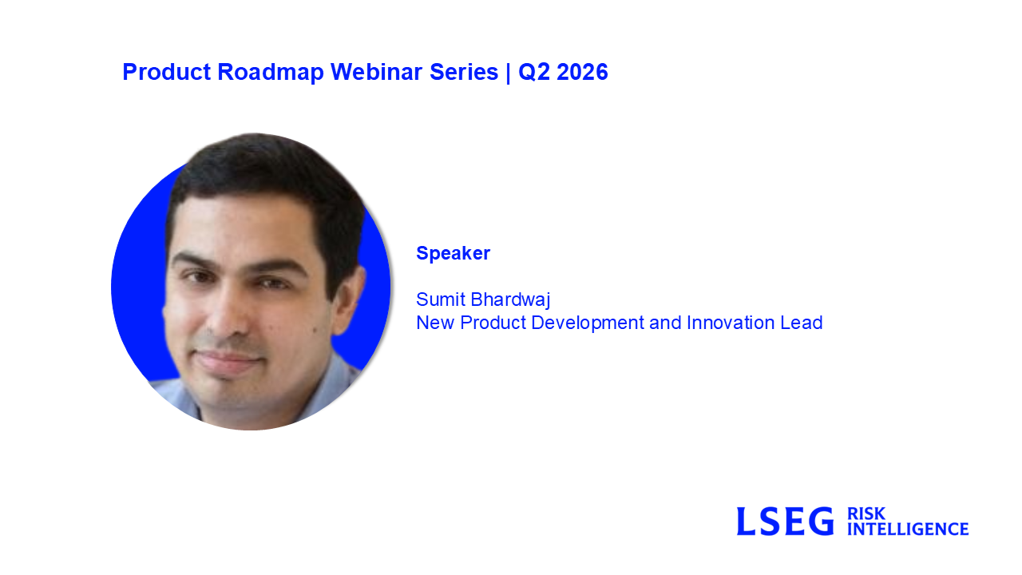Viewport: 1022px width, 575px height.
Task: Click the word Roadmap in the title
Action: [x=271, y=73]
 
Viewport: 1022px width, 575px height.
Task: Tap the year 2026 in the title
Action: [x=582, y=72]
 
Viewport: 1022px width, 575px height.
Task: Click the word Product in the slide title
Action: [x=167, y=72]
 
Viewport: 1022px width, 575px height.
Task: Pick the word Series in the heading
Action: [x=464, y=72]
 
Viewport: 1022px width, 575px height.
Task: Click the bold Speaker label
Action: [x=453, y=253]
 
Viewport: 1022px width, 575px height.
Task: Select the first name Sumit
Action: [x=441, y=299]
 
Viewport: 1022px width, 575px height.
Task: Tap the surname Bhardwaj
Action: [x=510, y=300]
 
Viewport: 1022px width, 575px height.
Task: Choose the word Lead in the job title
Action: [x=802, y=323]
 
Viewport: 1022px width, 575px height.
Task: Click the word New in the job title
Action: [x=435, y=323]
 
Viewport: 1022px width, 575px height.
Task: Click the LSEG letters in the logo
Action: [x=785, y=521]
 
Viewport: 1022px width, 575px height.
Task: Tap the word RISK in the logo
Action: [x=866, y=514]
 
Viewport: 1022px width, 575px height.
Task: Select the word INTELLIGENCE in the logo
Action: [x=908, y=529]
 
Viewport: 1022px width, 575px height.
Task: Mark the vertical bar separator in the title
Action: [x=509, y=73]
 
